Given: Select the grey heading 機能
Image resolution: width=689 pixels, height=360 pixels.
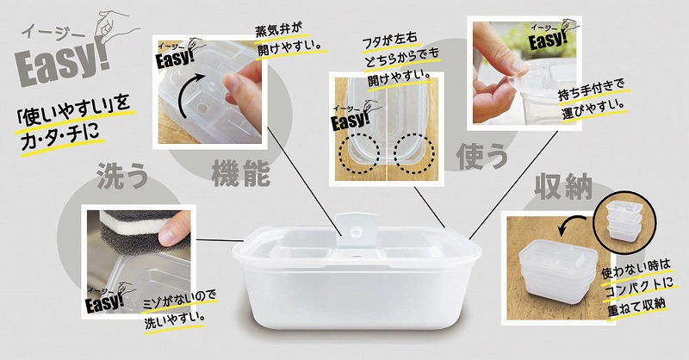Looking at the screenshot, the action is (241, 174).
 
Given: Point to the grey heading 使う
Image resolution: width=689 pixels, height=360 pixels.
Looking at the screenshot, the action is (482, 157).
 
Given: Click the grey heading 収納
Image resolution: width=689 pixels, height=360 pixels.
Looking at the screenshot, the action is (563, 187).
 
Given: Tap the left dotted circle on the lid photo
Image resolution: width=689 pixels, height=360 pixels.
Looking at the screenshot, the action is (359, 153).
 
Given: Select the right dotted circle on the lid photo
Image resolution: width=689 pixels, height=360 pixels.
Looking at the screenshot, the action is (413, 153).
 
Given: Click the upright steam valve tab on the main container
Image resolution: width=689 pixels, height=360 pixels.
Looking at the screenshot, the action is (355, 233).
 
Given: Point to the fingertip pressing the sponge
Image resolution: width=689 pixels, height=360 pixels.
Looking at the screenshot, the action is (170, 233).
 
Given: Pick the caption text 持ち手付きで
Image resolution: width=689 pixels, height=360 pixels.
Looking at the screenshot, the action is (591, 90).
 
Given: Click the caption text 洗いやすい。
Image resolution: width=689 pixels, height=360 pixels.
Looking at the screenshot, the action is (175, 320).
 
